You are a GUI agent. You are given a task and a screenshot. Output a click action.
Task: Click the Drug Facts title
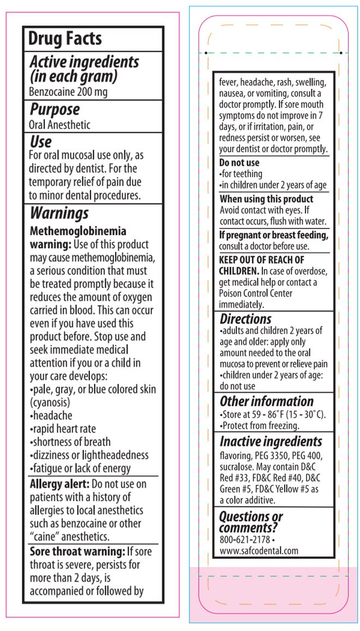click(65, 39)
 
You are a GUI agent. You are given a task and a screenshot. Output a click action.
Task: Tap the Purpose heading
click(55, 109)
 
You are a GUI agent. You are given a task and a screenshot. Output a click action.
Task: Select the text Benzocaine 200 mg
click(68, 92)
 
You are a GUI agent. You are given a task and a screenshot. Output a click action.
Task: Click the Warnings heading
click(59, 213)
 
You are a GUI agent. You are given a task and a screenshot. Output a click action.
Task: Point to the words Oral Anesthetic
click(59, 125)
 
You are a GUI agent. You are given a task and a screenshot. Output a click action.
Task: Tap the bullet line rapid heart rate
click(63, 429)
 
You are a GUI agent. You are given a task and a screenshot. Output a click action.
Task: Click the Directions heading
click(245, 319)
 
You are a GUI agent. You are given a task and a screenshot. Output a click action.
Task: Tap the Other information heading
click(266, 401)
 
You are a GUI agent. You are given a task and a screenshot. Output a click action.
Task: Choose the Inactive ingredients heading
click(271, 442)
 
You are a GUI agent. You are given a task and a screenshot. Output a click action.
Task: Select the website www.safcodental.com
click(259, 551)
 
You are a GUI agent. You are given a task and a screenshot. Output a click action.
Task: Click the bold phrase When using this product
click(266, 199)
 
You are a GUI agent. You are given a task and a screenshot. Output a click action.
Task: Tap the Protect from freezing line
click(259, 425)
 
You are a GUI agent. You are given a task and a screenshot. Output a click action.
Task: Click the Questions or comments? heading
click(251, 522)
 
